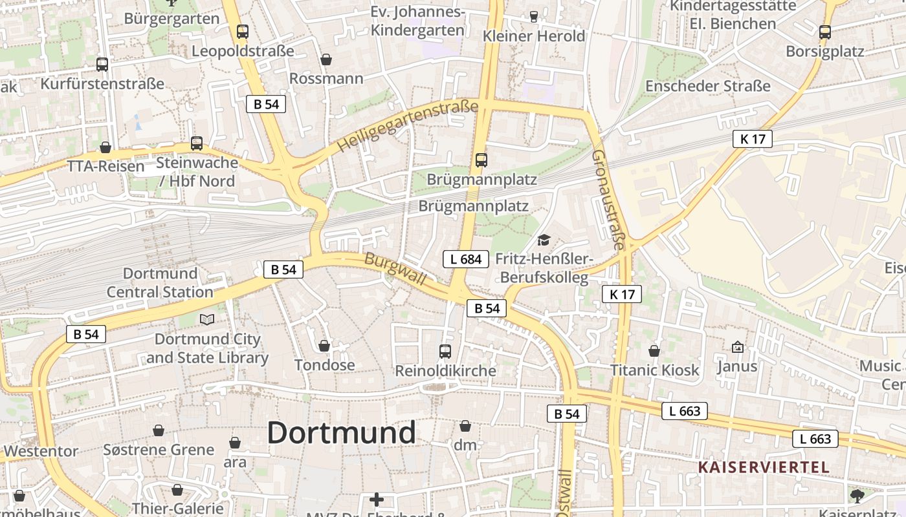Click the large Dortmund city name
(341, 432)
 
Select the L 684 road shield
(465, 259)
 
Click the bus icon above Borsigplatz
(824, 32)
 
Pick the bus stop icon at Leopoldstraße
(242, 31)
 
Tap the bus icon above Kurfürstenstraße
(102, 64)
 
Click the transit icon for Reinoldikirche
(445, 351)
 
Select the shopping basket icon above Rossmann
(326, 59)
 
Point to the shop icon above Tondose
(324, 346)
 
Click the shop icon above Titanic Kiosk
(654, 351)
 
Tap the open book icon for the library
(206, 319)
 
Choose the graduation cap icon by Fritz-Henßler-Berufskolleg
(544, 240)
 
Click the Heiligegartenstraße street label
(408, 127)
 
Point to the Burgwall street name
(395, 269)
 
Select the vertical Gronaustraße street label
(609, 200)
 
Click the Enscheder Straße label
(708, 86)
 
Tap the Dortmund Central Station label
(160, 282)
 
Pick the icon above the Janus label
(737, 347)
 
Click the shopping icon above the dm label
(465, 426)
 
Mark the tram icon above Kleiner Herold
(534, 16)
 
